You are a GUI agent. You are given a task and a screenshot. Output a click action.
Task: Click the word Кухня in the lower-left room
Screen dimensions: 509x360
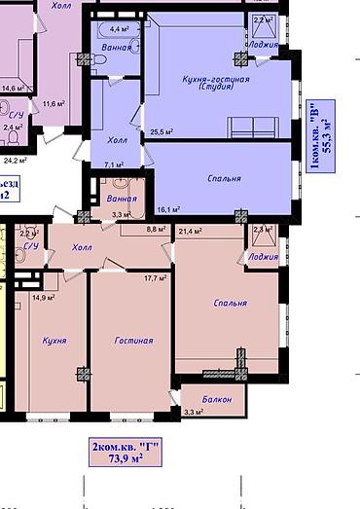coord(54,342)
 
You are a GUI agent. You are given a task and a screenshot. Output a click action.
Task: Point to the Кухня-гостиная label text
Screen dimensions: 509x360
coord(216,78)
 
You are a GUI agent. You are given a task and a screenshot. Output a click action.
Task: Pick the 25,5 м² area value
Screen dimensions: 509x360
coord(161,131)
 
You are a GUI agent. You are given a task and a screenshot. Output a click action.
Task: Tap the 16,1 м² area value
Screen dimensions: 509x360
coord(169,209)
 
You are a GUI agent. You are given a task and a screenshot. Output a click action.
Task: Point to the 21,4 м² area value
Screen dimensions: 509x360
coord(191,231)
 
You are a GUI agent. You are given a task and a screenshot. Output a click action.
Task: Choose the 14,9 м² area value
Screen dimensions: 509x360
coord(44,298)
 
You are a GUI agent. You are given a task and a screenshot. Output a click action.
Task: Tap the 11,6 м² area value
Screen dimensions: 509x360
coord(54,102)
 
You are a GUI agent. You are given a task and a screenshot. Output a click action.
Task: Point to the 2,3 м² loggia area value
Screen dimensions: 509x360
coord(260,230)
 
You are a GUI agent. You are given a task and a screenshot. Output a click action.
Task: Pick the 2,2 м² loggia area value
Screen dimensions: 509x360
coord(262,20)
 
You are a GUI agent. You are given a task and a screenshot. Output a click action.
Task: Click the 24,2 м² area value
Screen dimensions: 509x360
coord(15,159)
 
